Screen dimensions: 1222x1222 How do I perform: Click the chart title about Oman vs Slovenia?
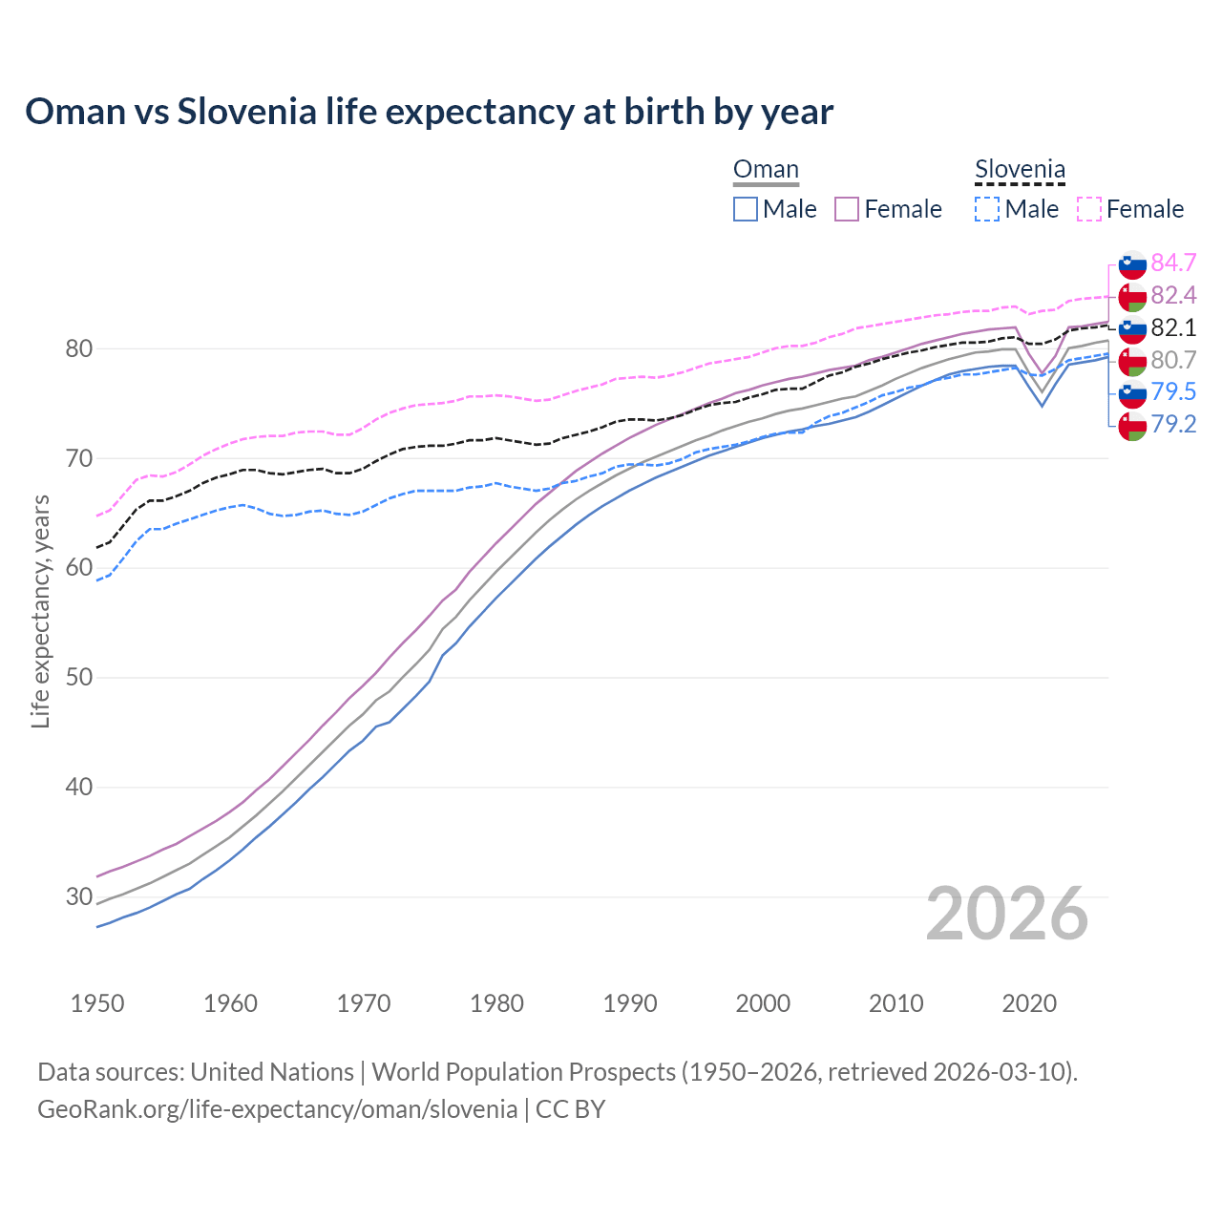click(430, 112)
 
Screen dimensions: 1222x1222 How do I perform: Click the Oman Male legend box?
click(746, 209)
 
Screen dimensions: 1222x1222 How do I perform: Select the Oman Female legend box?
click(847, 209)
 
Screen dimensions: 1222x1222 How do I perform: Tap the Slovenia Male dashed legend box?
click(987, 209)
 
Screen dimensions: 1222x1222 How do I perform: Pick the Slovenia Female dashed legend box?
click(1089, 209)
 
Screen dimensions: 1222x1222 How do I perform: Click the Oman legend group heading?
click(766, 170)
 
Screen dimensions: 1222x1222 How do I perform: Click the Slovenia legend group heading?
click(1020, 170)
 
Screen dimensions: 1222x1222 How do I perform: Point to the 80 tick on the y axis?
click(78, 349)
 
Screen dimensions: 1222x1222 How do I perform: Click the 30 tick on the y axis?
click(78, 897)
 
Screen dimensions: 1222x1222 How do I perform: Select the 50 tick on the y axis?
click(78, 678)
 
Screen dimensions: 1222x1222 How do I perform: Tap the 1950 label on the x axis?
click(97, 1003)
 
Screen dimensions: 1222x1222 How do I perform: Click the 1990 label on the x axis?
click(630, 1003)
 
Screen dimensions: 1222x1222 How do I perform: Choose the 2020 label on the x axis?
click(1029, 1003)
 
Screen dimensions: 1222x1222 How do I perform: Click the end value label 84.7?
click(1173, 263)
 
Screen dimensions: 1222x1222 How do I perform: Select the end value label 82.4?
click(1173, 295)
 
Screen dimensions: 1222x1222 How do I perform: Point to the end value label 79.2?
click(1173, 424)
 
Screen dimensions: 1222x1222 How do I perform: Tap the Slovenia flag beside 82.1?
click(1132, 328)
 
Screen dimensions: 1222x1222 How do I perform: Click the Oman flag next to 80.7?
click(1132, 361)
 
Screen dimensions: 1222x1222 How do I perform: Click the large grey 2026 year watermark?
click(1007, 914)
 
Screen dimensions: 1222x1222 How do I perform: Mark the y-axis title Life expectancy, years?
click(41, 611)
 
